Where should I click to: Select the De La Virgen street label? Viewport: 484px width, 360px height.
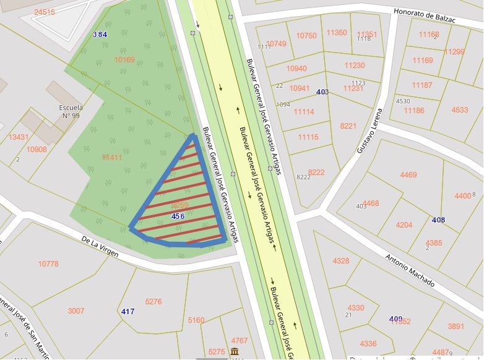coord(100,246)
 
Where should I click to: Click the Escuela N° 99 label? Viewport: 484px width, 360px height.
coord(71,111)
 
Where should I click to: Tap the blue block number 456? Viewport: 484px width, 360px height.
coord(178,216)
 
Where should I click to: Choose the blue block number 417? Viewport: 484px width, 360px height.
coord(128,311)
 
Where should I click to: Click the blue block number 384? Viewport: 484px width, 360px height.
coord(100,34)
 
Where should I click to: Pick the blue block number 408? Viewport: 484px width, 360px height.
coord(438,220)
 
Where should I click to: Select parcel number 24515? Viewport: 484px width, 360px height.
coord(45,12)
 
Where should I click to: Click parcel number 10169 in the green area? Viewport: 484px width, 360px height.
coord(124,60)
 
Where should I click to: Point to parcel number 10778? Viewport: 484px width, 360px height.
coord(48,264)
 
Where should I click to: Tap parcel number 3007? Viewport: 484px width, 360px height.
coord(76,311)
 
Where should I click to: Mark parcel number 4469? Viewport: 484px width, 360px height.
coord(408,175)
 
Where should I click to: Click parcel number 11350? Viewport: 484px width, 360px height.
coord(337,32)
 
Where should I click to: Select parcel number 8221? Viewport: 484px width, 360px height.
coord(348,126)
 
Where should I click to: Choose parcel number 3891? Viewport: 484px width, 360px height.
coord(456,326)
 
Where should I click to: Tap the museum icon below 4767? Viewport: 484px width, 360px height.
coord(235,352)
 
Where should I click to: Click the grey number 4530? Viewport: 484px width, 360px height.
coord(403,101)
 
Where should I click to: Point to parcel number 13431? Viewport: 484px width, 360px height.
coord(19,137)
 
